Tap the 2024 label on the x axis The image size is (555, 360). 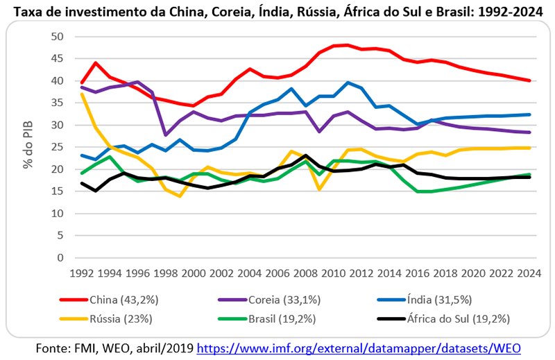pos(529,273)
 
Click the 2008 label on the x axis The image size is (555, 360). pos(307,273)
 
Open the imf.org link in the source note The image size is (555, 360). pos(359,348)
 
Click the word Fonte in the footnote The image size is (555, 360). pos(52,348)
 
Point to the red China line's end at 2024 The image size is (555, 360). pos(529,80)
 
